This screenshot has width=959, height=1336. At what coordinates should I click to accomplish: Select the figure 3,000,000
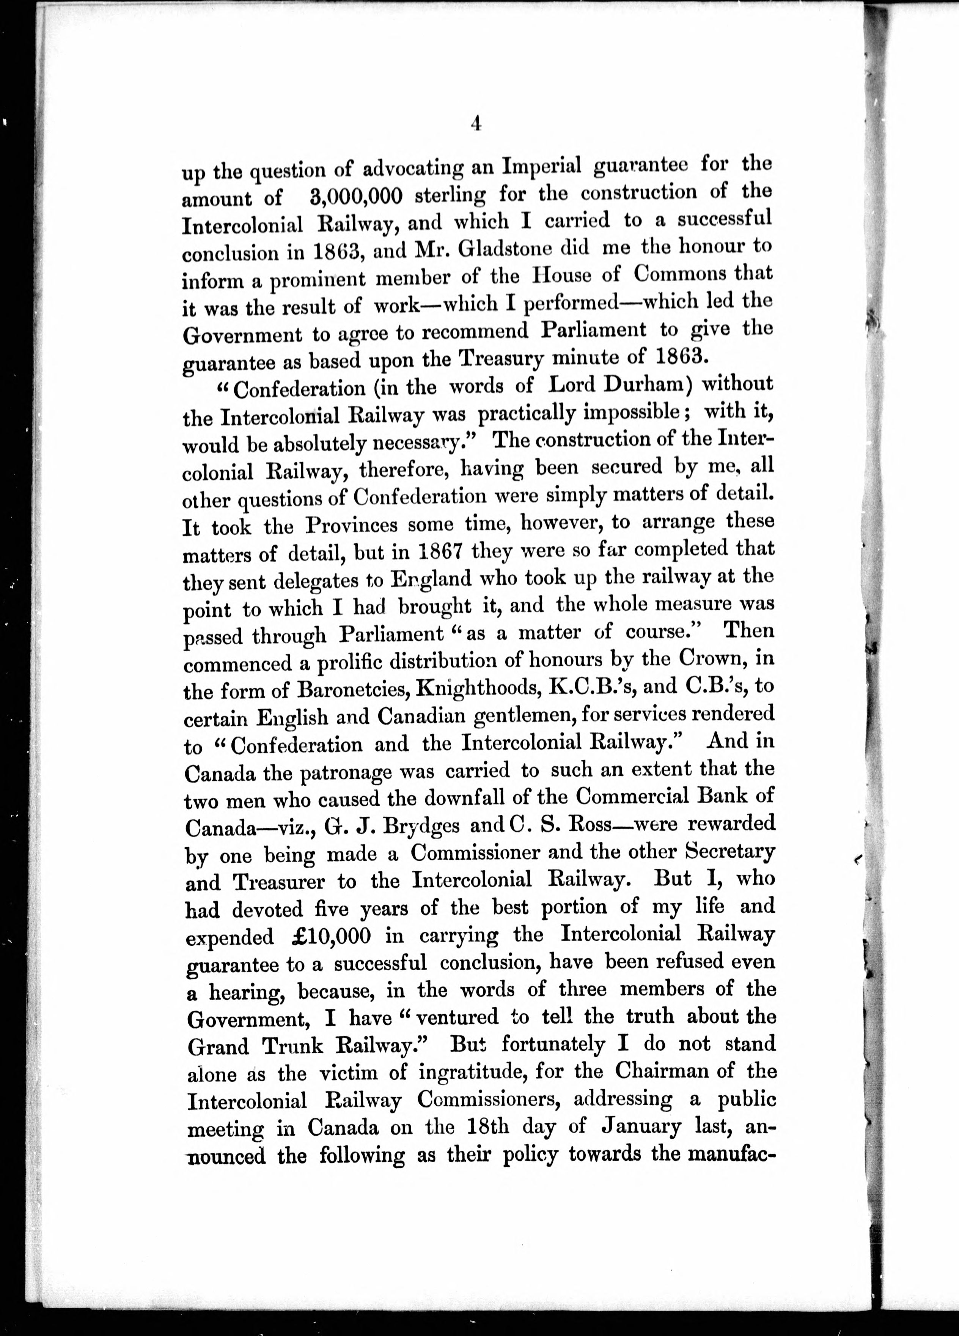click(x=355, y=197)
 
